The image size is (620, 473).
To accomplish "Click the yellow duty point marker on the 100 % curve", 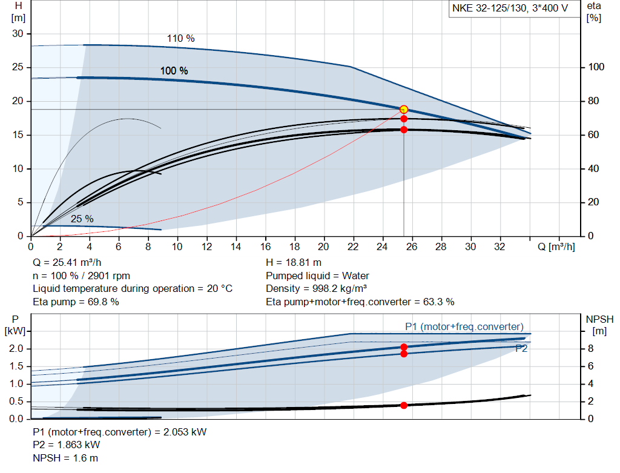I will [404, 110].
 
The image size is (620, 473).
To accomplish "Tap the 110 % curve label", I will [180, 38].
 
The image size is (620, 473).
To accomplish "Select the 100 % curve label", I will [174, 71].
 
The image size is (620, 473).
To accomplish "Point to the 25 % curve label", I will [82, 219].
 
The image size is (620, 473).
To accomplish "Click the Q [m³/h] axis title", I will [556, 247].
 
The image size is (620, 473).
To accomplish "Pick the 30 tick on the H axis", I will [18, 33].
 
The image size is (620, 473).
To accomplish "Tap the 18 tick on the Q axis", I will [295, 247].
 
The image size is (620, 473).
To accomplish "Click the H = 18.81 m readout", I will [294, 263].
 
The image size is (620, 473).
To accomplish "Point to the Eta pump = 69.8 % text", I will [76, 302].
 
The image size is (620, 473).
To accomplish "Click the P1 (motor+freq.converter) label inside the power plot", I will [464, 326].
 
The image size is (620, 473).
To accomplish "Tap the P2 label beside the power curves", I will [521, 348].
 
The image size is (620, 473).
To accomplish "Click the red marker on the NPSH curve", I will [404, 405].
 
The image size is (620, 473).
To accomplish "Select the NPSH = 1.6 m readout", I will [65, 458].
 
